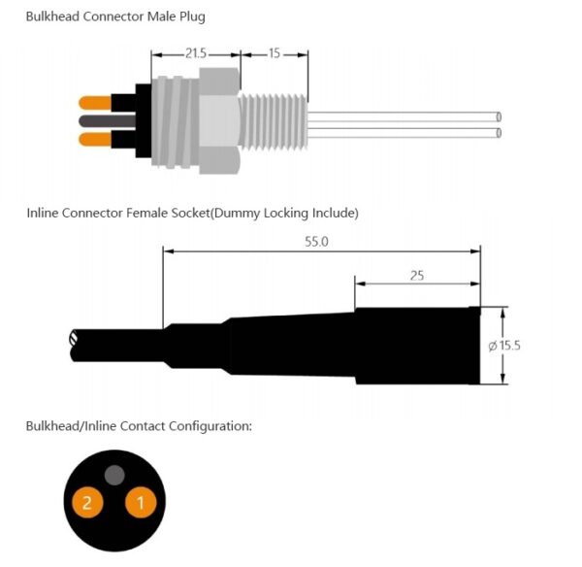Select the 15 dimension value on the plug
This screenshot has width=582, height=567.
pos(275,54)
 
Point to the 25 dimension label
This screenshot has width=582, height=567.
pos(416,276)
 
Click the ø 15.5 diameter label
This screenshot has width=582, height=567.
pos(504,345)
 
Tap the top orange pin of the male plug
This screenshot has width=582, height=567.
pos(96,101)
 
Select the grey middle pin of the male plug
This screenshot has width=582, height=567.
pos(96,121)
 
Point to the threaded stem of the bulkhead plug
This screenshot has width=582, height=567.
pos(275,121)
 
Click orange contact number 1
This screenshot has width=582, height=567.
pos(140,502)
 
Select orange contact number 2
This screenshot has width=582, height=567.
pos(87,502)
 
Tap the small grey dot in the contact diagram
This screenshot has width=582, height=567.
pos(114,475)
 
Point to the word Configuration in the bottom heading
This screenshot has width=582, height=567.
pos(210,426)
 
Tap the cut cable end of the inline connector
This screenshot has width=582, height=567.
pos(75,342)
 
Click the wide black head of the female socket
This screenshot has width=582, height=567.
pos(417,345)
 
